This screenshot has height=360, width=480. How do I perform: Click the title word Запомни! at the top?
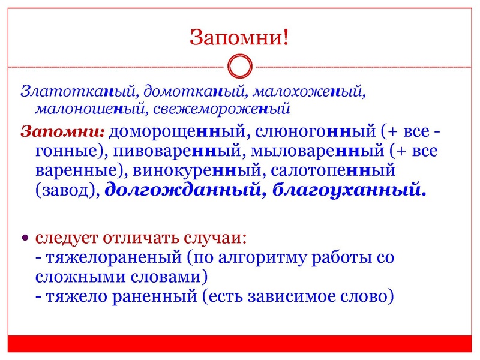pyautogui.click(x=239, y=37)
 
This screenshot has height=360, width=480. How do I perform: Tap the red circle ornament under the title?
pyautogui.click(x=240, y=66)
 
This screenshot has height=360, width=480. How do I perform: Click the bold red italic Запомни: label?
pyautogui.click(x=63, y=131)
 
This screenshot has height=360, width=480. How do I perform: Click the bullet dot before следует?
pyautogui.click(x=25, y=238)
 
